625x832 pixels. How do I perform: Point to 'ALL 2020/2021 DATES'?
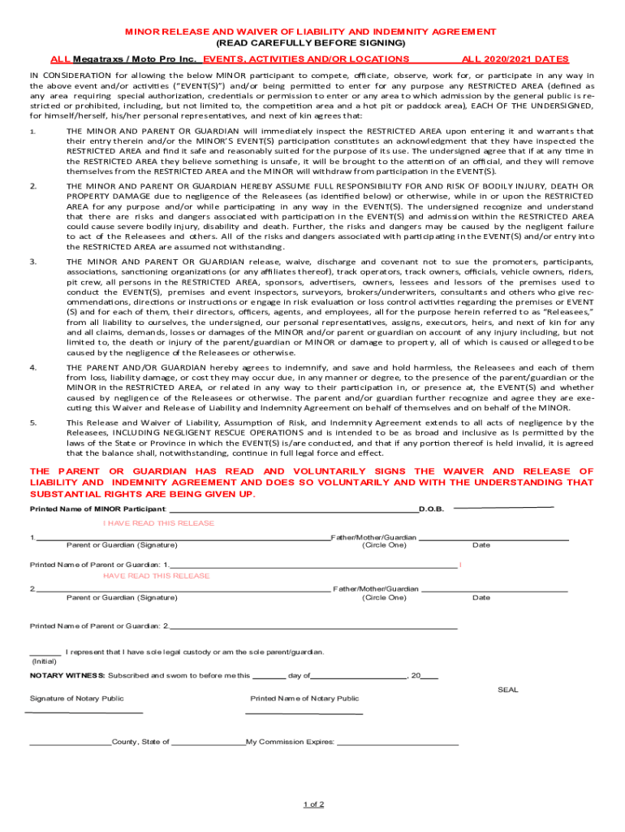[515, 59]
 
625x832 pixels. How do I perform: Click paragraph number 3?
[33, 261]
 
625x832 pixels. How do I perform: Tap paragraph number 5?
[33, 422]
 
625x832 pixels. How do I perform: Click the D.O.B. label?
[431, 509]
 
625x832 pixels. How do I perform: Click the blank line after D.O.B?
[503, 507]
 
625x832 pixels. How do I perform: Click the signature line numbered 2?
[183, 590]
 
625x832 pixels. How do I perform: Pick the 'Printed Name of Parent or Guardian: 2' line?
[312, 627]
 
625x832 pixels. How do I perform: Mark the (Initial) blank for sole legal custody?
[45, 654]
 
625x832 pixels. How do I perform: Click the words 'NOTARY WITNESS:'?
[67, 675]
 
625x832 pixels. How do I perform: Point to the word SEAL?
[507, 690]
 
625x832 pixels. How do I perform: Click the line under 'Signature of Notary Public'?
[85, 713]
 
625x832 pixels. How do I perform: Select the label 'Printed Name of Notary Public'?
[304, 698]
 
